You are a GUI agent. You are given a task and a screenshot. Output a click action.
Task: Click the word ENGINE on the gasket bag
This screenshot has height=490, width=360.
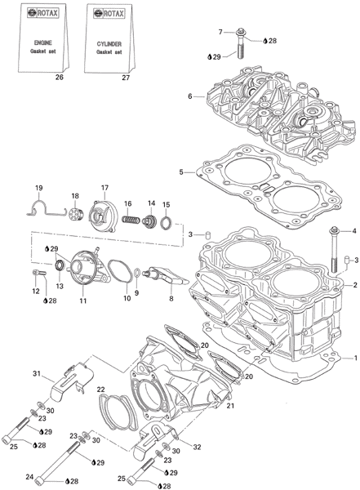(x=42, y=42)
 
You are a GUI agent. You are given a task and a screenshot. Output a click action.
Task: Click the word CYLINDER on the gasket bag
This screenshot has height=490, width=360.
(x=109, y=44)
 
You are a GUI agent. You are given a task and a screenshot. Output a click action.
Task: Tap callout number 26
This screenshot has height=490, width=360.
(x=59, y=77)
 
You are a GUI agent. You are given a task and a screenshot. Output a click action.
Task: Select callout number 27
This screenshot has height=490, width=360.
(x=126, y=78)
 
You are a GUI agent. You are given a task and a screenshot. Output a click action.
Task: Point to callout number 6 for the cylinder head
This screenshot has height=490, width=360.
(x=190, y=96)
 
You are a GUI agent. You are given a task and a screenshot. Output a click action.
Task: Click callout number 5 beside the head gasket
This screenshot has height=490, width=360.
(x=181, y=171)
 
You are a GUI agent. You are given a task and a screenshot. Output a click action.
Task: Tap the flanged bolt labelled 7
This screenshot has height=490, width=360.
(x=240, y=43)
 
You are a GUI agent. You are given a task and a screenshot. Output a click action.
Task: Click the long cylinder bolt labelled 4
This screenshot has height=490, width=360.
(x=333, y=251)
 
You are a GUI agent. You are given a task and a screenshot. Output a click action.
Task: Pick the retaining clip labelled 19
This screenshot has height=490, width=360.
(x=46, y=208)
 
